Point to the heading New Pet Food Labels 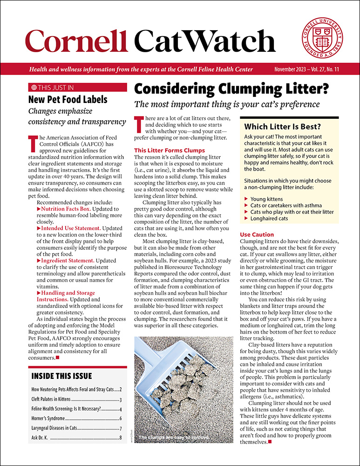[x=68, y=99]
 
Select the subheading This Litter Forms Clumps [x=169, y=151]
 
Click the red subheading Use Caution [x=257, y=234]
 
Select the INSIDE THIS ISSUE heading [x=61, y=376]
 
